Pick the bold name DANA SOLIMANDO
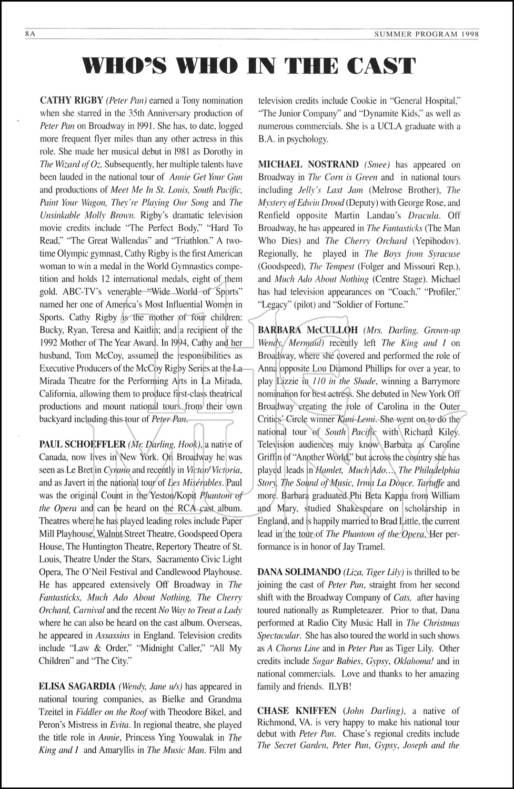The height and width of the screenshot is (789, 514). [298, 572]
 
